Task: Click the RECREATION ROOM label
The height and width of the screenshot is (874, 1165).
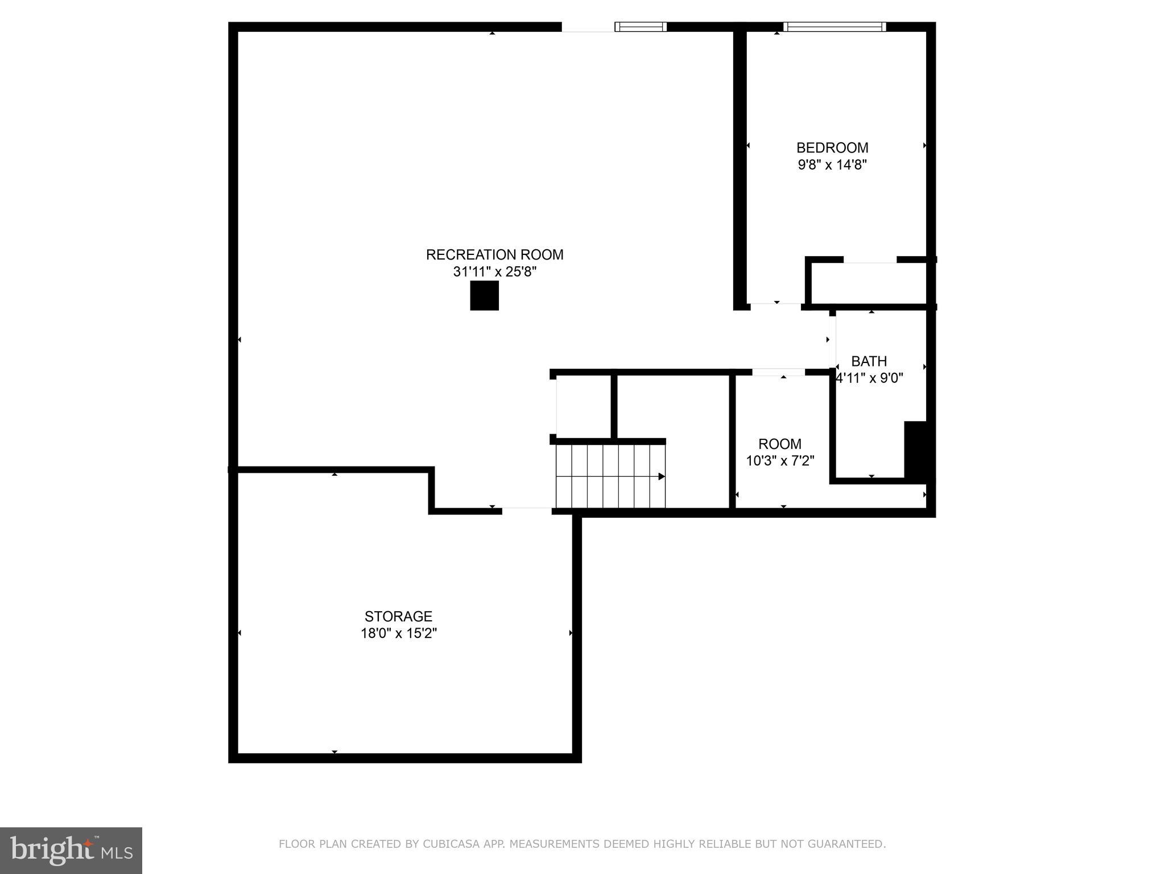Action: click(494, 254)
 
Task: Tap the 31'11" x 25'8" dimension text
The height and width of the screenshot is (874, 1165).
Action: click(494, 272)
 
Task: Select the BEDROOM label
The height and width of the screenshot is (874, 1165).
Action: click(832, 148)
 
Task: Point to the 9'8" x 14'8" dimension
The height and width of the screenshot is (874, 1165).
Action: click(832, 165)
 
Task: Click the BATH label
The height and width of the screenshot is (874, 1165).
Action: click(869, 361)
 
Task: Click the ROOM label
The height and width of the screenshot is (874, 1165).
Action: click(780, 444)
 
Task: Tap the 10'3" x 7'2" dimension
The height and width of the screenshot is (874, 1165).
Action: click(780, 461)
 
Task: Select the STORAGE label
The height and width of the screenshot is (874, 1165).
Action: click(398, 616)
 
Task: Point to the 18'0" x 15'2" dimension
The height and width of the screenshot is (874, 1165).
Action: click(398, 633)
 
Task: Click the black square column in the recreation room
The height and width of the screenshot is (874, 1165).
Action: click(484, 295)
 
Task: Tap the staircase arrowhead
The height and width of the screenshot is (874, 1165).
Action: click(662, 476)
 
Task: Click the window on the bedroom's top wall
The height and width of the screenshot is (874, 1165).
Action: click(834, 27)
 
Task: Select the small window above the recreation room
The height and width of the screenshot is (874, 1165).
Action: click(641, 27)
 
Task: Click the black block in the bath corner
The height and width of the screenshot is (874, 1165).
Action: click(915, 450)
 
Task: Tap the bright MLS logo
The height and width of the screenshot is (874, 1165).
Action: click(71, 850)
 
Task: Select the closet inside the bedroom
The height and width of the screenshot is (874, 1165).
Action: click(869, 283)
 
